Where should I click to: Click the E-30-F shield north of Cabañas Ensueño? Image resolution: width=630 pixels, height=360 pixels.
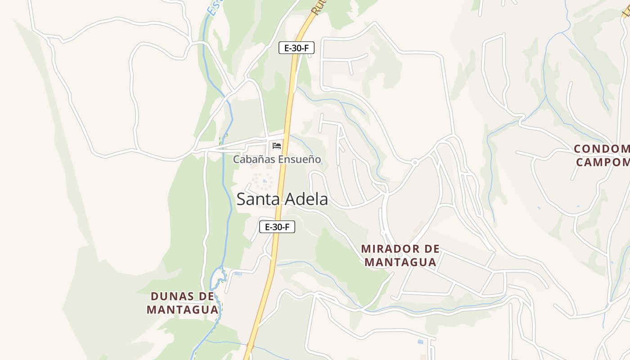pos(296,48)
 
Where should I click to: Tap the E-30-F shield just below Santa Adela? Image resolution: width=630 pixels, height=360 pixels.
pos(277,227)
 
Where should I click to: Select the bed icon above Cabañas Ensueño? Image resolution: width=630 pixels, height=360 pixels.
pos(277,146)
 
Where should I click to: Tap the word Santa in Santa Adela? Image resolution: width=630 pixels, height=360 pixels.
pos(256,199)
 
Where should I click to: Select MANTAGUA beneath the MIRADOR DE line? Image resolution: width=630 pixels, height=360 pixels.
pos(400,262)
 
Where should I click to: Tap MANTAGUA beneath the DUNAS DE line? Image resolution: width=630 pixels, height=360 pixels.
pos(182,310)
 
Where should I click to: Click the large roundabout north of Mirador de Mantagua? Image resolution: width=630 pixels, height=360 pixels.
pos(414,162)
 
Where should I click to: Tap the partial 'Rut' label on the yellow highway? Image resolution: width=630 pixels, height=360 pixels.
pos(318,7)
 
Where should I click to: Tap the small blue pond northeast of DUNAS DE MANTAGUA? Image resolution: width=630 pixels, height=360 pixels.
pos(238,274)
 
